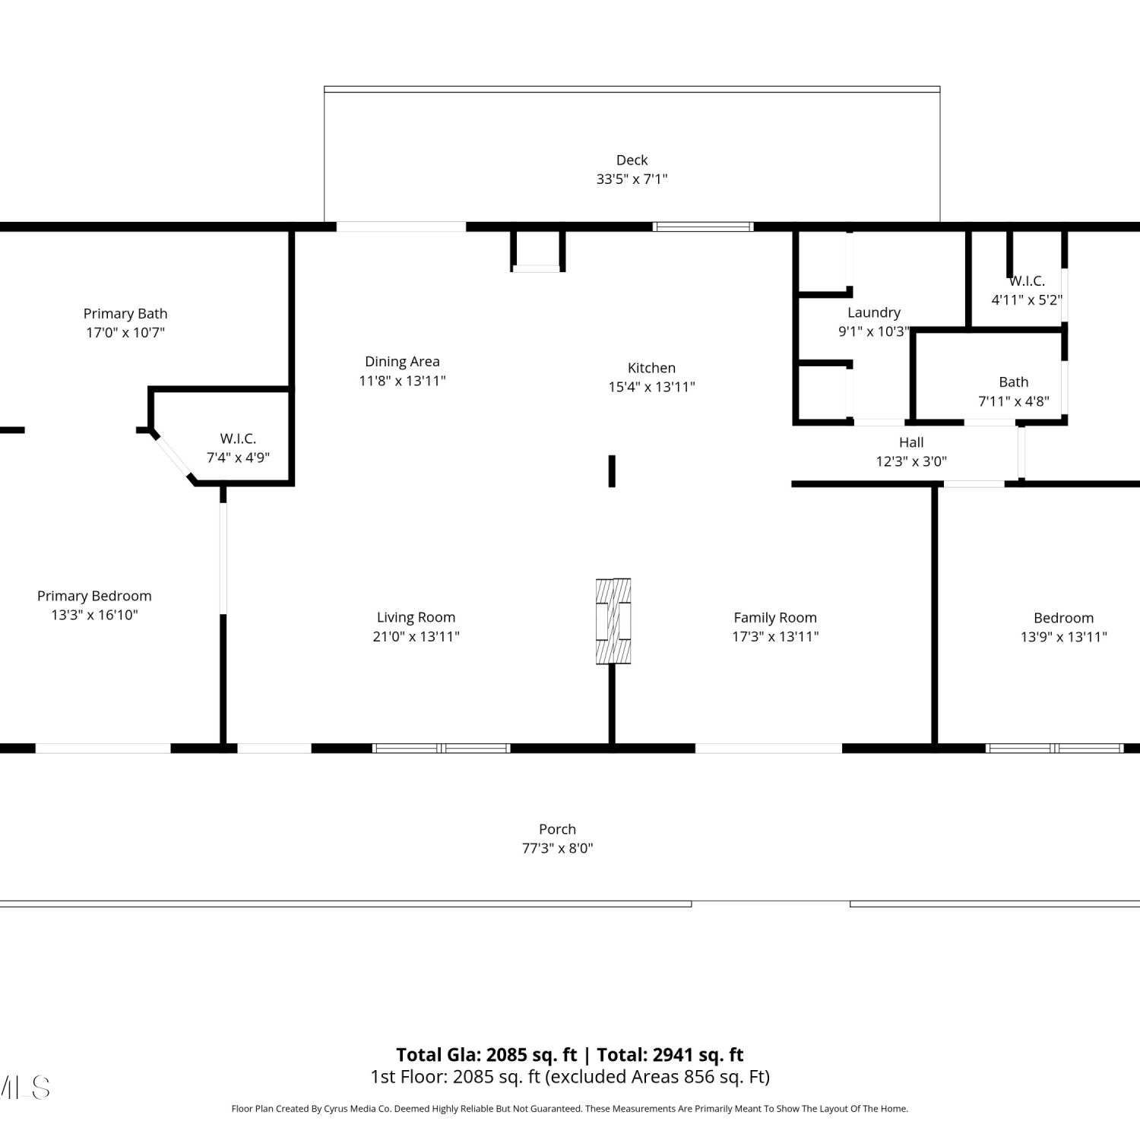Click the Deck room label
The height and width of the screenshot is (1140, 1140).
[x=632, y=160]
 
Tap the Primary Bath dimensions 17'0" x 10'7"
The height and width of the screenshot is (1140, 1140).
[x=125, y=332]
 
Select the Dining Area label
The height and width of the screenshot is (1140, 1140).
[x=402, y=362]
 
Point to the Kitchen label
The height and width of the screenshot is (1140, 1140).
[x=651, y=368]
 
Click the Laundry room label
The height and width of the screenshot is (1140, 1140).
[x=874, y=312]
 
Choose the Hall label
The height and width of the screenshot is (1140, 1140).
[x=911, y=442]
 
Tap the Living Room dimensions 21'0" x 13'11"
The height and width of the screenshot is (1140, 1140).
[x=416, y=636]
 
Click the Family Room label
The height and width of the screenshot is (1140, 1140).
[x=775, y=618]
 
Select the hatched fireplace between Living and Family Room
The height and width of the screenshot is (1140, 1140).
[x=613, y=621]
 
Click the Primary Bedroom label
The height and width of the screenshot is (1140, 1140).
[x=94, y=596]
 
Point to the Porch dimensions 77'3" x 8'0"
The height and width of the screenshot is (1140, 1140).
[x=557, y=848]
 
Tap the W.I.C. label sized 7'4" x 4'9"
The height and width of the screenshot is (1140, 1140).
[x=238, y=439]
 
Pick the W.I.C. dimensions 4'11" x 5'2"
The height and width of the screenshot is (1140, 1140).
[x=1026, y=299]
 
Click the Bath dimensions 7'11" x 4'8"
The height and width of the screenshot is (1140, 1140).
[x=1014, y=401]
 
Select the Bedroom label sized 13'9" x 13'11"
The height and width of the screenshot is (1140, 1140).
[x=1063, y=618]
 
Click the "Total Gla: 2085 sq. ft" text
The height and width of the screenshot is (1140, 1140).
[x=486, y=1055]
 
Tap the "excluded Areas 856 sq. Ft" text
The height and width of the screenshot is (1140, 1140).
[x=656, y=1077]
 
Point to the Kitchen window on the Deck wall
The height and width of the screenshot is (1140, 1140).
[x=704, y=226]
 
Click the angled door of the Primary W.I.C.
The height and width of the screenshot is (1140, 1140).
[x=173, y=456]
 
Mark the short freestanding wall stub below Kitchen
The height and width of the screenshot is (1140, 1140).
[x=612, y=471]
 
